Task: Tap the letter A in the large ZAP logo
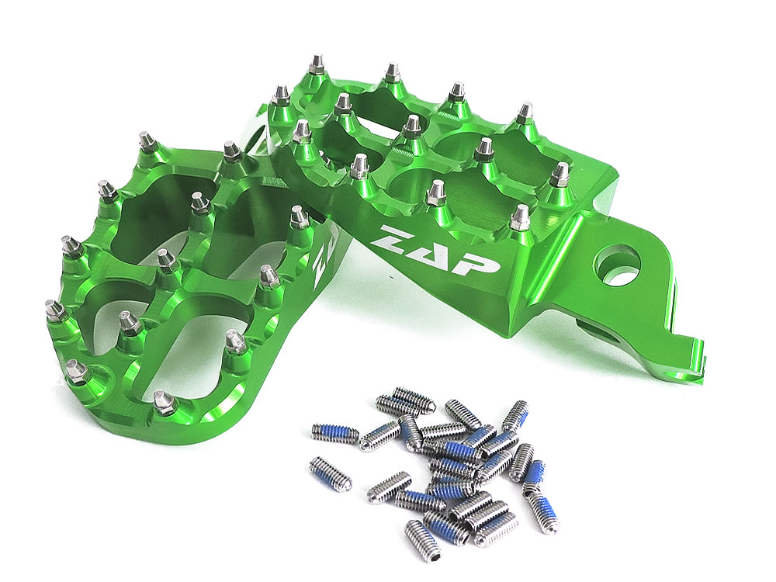430,251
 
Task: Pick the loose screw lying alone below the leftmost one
330,471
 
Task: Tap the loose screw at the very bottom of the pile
422,535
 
